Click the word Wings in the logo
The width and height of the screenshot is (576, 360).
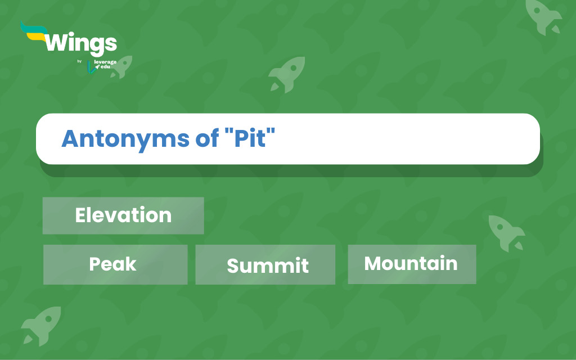[81, 44]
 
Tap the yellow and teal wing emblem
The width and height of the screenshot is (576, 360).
[34, 31]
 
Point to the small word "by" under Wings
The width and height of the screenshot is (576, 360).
[79, 61]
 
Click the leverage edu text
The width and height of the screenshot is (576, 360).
[105, 64]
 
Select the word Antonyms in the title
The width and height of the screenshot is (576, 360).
[125, 139]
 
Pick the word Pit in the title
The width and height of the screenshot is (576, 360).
[250, 138]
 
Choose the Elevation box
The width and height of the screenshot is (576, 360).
[123, 215]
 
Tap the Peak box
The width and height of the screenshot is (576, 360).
[115, 264]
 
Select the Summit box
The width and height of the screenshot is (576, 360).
[265, 264]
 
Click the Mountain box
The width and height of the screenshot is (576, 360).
[412, 264]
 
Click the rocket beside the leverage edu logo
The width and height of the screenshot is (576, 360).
[122, 67]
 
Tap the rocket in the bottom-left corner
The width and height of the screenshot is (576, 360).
[41, 326]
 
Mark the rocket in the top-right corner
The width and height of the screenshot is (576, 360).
[543, 17]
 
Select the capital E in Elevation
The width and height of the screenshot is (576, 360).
[81, 215]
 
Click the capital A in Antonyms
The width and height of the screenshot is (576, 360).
[70, 138]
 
